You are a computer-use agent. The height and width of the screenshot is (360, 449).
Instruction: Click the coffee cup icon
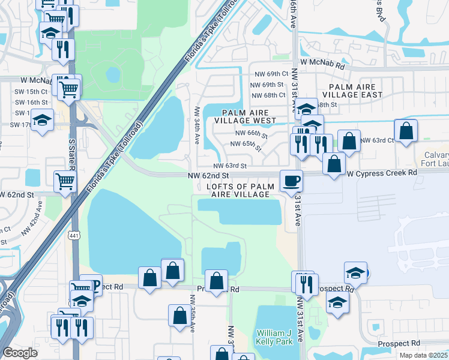[x=292, y=180]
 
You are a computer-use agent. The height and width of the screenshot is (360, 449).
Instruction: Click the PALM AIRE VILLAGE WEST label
[x=249, y=116]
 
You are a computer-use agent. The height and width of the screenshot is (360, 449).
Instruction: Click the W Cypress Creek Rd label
[x=382, y=173]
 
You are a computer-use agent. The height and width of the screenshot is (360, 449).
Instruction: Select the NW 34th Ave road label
[x=197, y=125]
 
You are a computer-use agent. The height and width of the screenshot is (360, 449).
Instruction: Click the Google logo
[x=20, y=353]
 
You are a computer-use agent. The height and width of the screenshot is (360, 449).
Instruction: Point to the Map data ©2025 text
[x=424, y=355]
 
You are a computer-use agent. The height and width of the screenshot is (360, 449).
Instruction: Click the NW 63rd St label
[x=231, y=166]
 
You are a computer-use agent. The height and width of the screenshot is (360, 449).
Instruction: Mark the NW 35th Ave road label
[x=193, y=308]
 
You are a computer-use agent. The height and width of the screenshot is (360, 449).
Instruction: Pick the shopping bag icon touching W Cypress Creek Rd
[x=334, y=163]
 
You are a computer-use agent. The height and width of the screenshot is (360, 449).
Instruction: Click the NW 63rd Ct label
[x=380, y=140]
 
